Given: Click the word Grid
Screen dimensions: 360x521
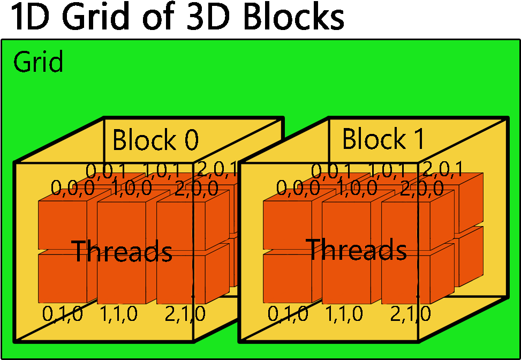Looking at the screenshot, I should tap(38, 62).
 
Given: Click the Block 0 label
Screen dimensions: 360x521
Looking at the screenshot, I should tap(155, 140).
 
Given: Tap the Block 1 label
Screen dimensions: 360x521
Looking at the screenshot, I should tap(383, 139).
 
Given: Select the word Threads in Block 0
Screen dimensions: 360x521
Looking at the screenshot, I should tap(122, 251).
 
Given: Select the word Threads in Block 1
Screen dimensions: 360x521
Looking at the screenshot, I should tap(356, 249).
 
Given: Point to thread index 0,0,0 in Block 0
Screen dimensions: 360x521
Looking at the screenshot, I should tap(73, 188).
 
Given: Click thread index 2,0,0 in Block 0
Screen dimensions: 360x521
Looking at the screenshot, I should tap(197, 188).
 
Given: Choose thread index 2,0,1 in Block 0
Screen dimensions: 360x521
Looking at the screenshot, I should tap(217, 169).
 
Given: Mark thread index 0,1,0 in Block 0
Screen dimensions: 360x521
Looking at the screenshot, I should tap(63, 314).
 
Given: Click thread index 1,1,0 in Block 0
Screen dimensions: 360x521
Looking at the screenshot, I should tap(118, 314).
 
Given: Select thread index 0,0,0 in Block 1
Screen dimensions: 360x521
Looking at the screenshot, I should tap(298, 188).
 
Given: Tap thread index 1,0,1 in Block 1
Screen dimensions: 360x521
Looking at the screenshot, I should tap(387, 170).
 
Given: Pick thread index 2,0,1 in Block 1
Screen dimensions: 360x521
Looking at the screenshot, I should tap(442, 169).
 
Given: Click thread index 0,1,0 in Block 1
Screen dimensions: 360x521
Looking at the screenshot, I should tap(288, 314).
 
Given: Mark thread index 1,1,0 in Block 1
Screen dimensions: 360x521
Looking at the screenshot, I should tap(344, 314).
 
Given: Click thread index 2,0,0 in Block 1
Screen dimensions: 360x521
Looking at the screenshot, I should tap(422, 188).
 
